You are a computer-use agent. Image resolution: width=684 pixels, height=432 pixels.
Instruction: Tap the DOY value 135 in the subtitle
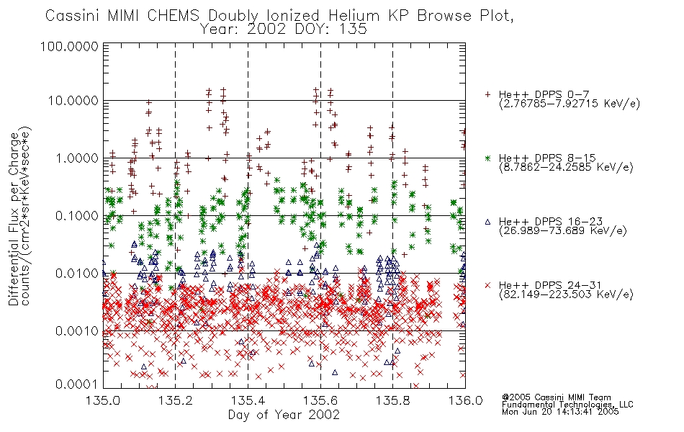353,30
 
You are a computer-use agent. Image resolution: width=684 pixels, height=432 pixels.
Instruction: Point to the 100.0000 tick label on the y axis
70,46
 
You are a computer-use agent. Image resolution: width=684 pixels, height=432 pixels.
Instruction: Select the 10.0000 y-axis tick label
73,101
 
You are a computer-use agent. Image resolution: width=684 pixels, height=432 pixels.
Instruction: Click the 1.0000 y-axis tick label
77,158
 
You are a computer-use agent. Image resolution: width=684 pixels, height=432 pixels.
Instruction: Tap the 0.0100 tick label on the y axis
77,274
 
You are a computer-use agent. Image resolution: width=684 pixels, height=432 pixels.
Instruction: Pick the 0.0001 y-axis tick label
77,384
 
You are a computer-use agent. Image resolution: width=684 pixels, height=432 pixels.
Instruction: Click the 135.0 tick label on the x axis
103,400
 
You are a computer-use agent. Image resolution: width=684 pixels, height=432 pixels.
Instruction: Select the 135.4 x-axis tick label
248,400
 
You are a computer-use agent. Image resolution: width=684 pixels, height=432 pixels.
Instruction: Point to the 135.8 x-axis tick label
392,400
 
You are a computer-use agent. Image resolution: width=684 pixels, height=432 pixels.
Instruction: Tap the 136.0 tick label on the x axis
465,400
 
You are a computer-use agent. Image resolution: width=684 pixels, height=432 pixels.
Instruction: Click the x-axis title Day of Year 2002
284,415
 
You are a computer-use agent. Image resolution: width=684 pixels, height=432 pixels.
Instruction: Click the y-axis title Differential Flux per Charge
14,219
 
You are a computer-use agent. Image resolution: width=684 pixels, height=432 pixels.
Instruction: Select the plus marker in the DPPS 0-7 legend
488,94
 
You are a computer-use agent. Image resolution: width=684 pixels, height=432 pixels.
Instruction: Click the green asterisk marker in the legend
488,158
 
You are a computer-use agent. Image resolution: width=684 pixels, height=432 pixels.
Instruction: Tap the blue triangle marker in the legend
488,222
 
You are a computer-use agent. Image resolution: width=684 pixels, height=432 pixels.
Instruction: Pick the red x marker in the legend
488,285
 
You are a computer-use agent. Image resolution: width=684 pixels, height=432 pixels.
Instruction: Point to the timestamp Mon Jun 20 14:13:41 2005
560,412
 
